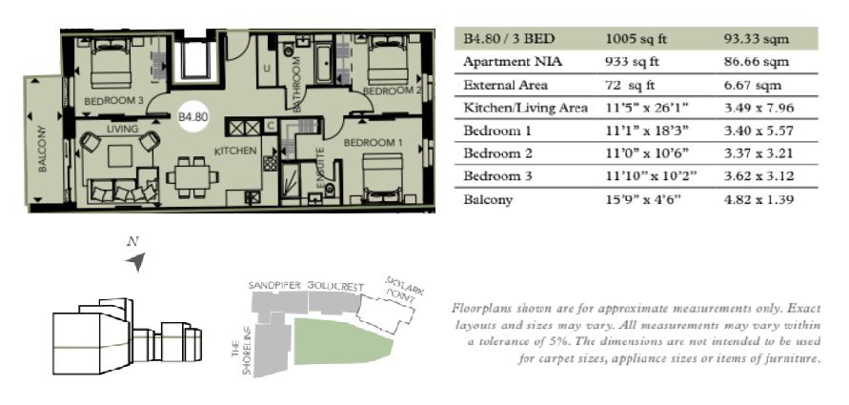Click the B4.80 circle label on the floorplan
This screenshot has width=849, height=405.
[192, 116]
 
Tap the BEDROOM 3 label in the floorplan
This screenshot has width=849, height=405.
[113, 101]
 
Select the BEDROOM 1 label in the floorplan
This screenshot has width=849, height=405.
[374, 143]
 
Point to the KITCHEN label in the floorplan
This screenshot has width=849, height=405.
[235, 152]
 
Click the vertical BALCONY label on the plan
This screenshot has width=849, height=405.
[43, 149]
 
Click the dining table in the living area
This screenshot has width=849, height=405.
[192, 176]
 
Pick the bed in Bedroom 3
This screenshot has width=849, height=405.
[111, 63]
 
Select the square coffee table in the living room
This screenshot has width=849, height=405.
[120, 155]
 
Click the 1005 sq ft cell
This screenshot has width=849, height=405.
[637, 39]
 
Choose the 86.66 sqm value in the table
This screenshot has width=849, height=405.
[757, 62]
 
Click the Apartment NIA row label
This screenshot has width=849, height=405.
[513, 62]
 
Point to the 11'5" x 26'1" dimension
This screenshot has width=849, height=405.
[646, 108]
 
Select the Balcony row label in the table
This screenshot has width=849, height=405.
[488, 200]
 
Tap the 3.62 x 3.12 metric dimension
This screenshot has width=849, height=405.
[758, 176]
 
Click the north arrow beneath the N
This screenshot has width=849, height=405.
[136, 261]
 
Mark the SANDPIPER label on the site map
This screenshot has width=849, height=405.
[274, 285]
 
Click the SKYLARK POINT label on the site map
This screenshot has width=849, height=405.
[404, 289]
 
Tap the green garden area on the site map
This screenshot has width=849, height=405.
[341, 342]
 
